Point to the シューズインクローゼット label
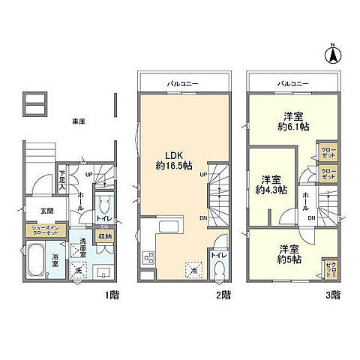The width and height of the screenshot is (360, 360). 47,230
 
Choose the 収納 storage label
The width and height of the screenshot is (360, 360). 105,235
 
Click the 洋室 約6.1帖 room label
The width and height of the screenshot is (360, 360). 293,121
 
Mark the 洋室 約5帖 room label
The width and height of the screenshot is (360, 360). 291,253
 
